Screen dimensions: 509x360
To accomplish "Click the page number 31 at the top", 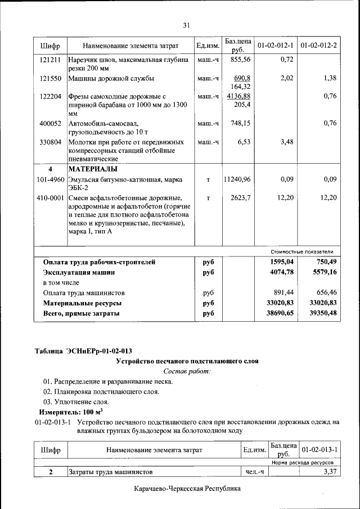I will (187, 24).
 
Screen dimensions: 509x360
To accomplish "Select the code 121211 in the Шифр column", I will (50, 60).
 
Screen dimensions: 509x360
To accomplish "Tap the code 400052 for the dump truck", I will (50, 123).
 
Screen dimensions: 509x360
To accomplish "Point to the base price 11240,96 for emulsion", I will (237, 179).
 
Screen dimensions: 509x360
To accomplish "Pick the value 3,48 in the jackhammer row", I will (287, 142).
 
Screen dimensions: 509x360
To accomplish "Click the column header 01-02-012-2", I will (319, 45).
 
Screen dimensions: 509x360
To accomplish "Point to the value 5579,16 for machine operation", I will (321, 272).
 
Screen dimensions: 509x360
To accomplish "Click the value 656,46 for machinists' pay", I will (323, 293).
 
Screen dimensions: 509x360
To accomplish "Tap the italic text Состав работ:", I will (187, 371).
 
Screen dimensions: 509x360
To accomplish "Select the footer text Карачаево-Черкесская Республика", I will (187, 489).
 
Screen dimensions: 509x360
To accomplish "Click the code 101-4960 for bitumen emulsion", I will (50, 179).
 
